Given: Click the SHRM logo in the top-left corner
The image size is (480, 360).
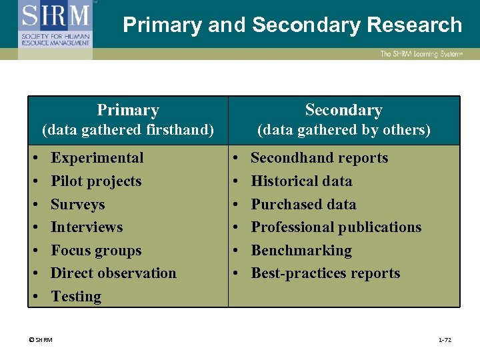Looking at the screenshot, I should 55,25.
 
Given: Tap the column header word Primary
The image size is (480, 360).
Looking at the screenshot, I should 128,110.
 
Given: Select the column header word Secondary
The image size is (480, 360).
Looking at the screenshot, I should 343,110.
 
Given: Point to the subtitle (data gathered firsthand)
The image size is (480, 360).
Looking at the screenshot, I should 128,129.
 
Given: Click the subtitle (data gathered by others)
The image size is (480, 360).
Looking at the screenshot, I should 344,129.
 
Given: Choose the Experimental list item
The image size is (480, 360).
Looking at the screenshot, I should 97,158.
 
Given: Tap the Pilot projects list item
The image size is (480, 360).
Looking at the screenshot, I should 96,181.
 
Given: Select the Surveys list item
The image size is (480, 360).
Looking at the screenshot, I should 78,204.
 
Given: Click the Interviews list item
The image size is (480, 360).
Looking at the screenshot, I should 87,227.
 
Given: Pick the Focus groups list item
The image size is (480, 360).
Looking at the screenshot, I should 96,251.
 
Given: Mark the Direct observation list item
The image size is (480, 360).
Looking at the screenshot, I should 113,273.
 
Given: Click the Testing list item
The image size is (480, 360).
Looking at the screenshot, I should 76,297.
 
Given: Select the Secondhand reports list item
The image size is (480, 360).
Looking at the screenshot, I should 319,158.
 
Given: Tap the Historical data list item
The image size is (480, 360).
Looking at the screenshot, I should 301,181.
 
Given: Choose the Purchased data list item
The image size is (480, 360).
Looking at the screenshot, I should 303,204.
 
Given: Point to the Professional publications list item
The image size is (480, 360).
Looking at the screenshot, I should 336,227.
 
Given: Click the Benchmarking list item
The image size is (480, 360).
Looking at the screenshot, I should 301,251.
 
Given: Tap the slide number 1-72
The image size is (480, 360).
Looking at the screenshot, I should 445,340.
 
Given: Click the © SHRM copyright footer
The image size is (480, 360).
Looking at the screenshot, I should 41,340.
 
